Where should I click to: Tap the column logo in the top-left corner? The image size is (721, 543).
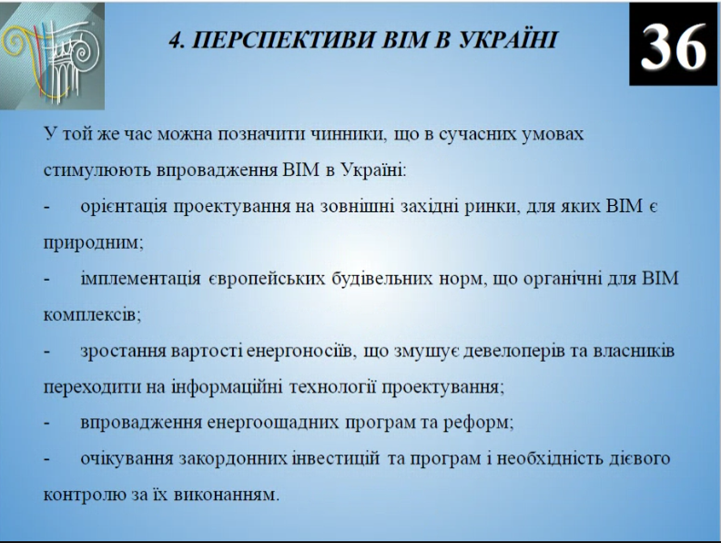(52, 56)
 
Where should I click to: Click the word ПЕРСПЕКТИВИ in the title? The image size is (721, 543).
(283, 40)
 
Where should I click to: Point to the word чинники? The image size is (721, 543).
(347, 134)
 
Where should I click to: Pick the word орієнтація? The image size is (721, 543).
(124, 207)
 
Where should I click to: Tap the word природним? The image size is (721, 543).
(94, 243)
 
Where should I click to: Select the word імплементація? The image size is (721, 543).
(140, 279)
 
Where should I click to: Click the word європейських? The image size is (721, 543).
(267, 279)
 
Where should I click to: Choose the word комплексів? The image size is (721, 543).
(92, 315)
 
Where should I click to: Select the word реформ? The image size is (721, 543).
(478, 423)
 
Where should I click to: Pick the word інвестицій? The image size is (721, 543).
(336, 459)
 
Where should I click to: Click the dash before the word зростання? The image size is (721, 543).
(47, 352)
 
